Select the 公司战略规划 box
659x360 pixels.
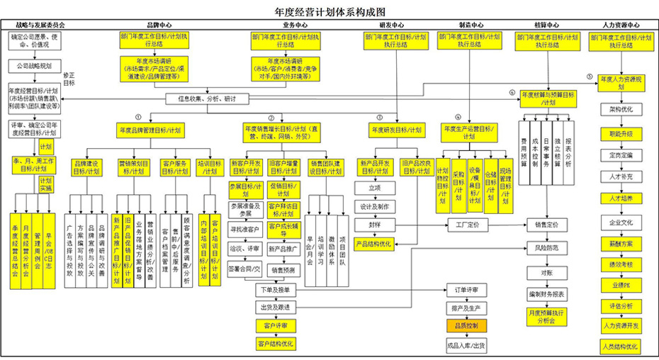tap(30, 66)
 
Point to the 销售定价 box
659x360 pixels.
tap(546, 225)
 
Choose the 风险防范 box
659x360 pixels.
tap(546, 248)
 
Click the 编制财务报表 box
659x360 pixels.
tap(546, 294)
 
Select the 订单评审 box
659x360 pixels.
tap(466, 291)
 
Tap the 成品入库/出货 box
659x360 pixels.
tap(466, 345)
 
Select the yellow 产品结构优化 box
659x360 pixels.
tap(373, 243)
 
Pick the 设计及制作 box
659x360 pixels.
tap(373, 207)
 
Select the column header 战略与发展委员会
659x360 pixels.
tap(40, 25)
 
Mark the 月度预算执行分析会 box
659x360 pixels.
tap(546, 316)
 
